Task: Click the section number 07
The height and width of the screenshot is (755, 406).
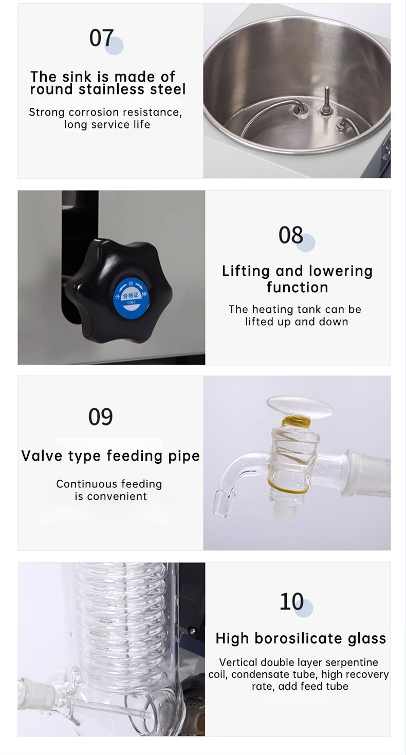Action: pos(101,37)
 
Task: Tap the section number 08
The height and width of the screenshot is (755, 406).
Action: pos(291,235)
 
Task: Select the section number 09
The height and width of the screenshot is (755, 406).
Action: pos(101,417)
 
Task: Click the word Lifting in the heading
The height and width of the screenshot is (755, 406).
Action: pos(246,271)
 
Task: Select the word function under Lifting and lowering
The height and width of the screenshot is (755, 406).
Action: pos(298,288)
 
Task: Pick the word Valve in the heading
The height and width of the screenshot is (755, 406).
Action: pos(42,456)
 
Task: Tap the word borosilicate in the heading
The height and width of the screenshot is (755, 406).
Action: pos(299,638)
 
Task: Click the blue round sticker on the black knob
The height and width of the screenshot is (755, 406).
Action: pos(131,298)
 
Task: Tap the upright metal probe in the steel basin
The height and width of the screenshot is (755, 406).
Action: pos(326,100)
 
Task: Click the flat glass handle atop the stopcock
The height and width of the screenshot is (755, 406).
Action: pos(300,407)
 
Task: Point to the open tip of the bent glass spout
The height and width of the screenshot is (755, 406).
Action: pos(224,503)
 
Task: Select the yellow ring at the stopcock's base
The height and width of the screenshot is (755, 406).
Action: pos(288,487)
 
